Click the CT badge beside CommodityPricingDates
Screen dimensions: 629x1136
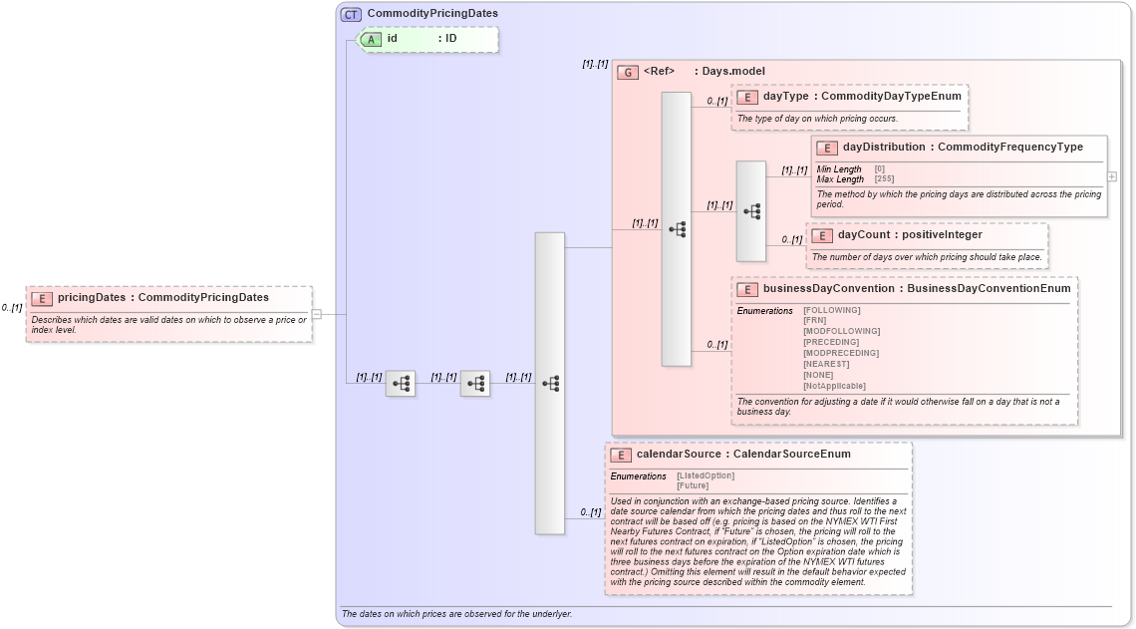pos(351,14)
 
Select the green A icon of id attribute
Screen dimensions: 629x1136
pos(371,39)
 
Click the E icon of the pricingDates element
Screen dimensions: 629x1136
pos(42,298)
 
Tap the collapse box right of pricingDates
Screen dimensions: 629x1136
pos(316,313)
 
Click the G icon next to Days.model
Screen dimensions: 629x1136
pos(627,72)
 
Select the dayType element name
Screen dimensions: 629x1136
pos(785,96)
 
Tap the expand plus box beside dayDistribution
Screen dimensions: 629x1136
pos(1111,176)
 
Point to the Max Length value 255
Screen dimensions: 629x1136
pos(884,179)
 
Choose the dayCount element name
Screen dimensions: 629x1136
pos(860,235)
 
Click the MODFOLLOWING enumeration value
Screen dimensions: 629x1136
pos(841,331)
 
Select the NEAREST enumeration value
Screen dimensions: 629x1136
pos(826,364)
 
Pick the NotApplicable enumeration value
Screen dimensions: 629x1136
pos(834,386)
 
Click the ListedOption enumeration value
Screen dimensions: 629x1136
pos(706,475)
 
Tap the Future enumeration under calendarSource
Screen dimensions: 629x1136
pos(693,485)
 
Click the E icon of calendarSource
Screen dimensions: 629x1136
pos(621,455)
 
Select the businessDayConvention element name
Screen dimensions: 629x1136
pos(830,289)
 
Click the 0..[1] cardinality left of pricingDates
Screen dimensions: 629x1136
pos(12,308)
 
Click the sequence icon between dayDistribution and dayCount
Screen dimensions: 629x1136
pos(751,211)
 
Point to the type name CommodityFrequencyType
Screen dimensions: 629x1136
pos(1010,148)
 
